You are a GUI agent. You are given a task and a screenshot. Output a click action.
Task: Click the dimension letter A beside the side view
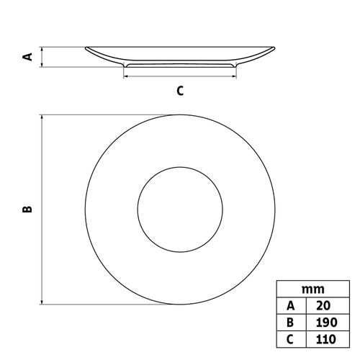pos(27,57)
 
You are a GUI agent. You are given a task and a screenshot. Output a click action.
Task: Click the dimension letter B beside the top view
pos(27,210)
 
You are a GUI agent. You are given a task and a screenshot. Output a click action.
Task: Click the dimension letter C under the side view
pos(180,91)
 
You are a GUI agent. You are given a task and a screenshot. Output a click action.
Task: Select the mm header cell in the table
pos(313,289)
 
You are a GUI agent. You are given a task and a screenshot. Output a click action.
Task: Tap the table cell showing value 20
pos(328,306)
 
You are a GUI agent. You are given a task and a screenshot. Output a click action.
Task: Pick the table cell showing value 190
pos(328,323)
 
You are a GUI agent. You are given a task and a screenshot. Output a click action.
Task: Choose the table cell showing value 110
pos(328,339)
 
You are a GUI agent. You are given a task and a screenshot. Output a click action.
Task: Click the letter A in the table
pos(291,306)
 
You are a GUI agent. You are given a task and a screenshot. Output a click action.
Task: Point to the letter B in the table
pos(290,323)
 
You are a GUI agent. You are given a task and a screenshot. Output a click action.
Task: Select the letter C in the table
pos(290,339)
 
